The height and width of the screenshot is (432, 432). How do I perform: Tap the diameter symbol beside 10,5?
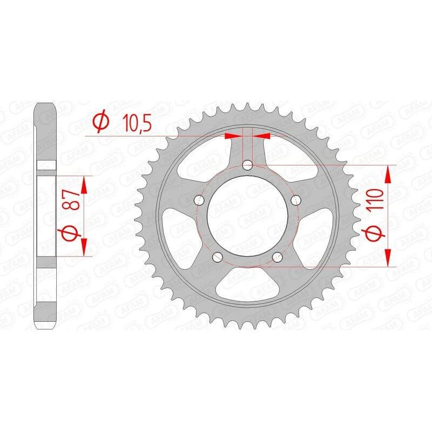click(x=100, y=122)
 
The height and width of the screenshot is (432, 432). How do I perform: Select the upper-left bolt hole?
click(x=199, y=200)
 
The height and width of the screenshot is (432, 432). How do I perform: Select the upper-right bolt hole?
click(x=296, y=200)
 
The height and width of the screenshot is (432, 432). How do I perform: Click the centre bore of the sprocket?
click(x=248, y=216)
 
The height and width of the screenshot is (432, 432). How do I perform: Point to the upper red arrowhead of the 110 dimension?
click(x=388, y=175)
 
